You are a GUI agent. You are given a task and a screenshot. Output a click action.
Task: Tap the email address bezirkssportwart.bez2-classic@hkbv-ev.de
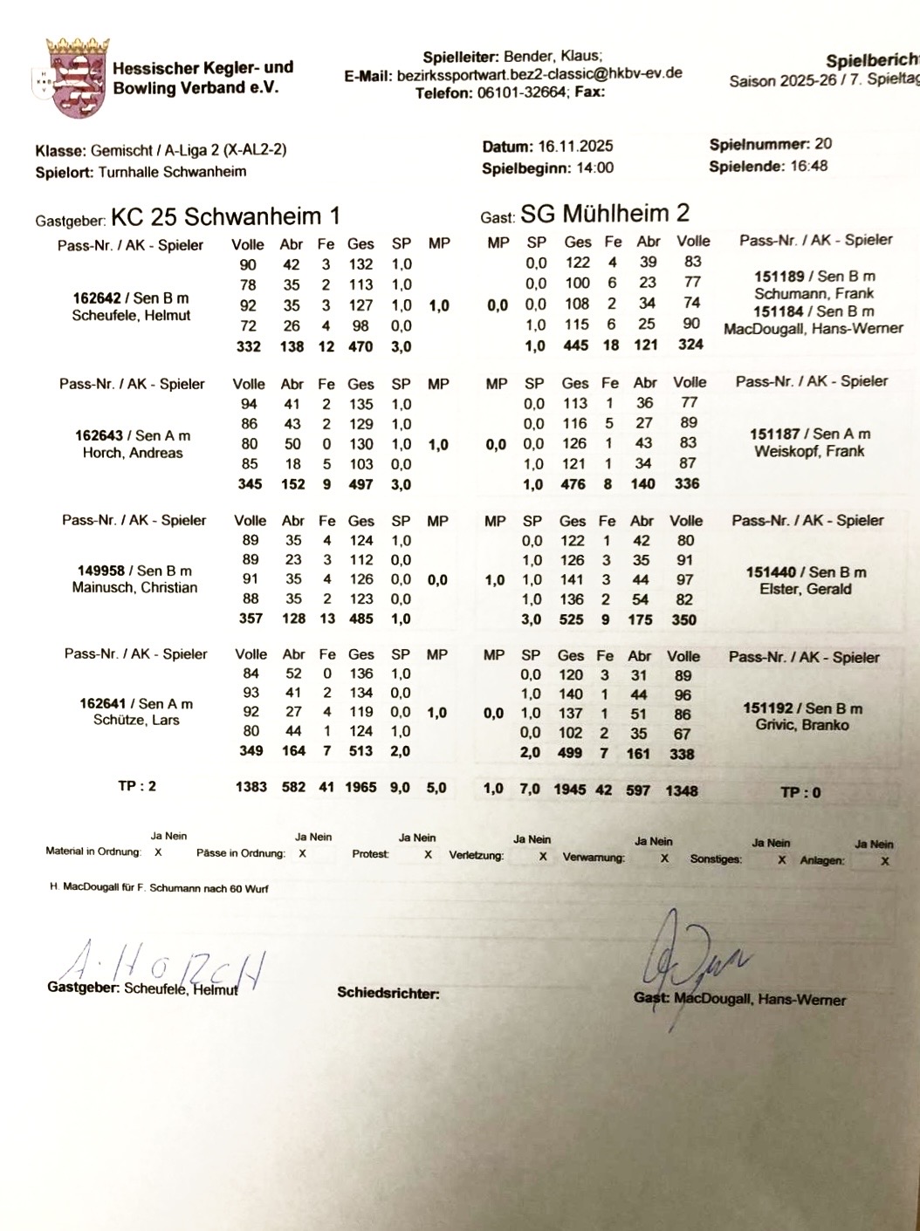click(x=539, y=75)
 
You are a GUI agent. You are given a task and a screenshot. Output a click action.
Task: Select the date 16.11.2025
click(x=574, y=147)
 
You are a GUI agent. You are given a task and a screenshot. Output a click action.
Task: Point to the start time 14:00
click(x=594, y=168)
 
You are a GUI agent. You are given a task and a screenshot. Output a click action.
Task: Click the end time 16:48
click(x=809, y=166)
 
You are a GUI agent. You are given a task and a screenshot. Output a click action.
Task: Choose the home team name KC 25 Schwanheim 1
click(x=225, y=215)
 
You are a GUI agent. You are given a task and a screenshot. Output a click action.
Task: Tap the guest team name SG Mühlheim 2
click(x=604, y=213)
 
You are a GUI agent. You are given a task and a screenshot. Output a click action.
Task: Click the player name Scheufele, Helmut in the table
click(x=131, y=316)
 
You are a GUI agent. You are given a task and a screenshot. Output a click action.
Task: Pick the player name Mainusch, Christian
click(x=134, y=588)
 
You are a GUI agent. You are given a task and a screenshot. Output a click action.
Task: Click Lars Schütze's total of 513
click(x=360, y=751)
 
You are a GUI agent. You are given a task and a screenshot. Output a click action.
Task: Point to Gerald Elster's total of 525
click(x=572, y=619)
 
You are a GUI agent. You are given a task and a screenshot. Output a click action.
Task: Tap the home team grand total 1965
click(x=360, y=787)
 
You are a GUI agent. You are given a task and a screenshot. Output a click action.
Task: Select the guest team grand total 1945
click(x=570, y=790)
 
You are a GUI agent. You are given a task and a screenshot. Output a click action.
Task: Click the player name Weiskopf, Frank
click(x=809, y=452)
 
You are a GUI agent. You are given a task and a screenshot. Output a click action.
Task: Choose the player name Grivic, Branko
click(x=801, y=725)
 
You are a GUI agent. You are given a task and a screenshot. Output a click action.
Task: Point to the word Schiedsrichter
click(x=388, y=993)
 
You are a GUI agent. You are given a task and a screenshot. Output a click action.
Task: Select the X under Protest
click(x=428, y=855)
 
